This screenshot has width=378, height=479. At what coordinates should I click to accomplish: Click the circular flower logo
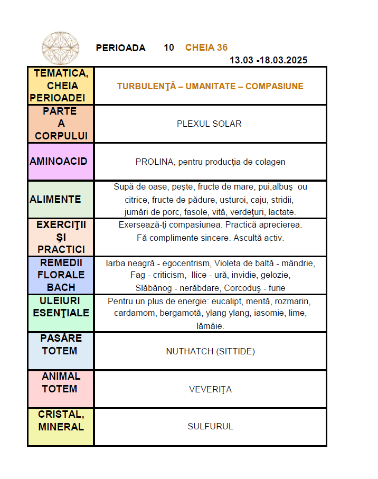point(60,48)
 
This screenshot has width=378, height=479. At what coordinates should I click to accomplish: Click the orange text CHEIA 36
point(206,48)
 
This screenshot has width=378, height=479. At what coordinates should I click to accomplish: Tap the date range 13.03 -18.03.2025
point(268,60)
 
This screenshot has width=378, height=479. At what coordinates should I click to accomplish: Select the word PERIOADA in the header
point(120,48)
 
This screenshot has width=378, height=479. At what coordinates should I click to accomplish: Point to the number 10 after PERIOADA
point(169,48)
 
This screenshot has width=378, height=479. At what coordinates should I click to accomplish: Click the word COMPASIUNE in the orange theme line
point(275,86)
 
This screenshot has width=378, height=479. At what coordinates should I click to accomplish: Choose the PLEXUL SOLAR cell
point(209,124)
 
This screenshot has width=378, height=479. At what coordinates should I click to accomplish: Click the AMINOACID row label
point(59,161)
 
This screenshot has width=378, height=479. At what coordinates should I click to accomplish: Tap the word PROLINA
point(154,162)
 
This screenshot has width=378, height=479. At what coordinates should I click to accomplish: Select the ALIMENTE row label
point(55,199)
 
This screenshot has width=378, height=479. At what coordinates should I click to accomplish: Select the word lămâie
point(210,326)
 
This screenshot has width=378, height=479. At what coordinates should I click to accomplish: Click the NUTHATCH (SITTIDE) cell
point(210,352)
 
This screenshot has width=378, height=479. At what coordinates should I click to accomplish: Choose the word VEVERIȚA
point(210,390)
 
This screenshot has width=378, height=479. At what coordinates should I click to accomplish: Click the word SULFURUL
point(210,427)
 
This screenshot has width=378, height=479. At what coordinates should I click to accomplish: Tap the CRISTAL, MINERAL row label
point(61,420)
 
